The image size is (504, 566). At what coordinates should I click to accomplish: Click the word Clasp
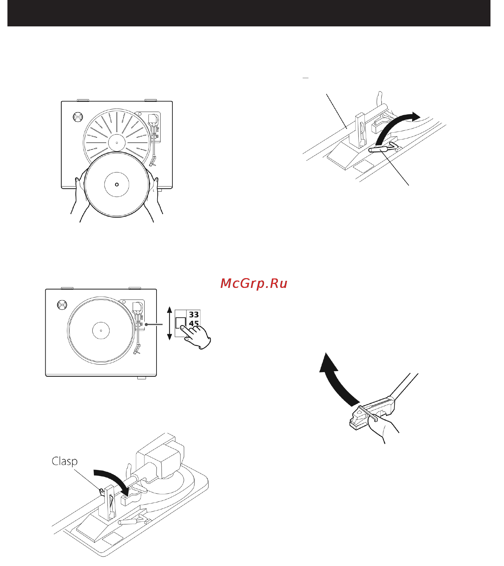pyautogui.click(x=65, y=461)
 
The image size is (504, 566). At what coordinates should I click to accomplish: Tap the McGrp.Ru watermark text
pyautogui.click(x=254, y=284)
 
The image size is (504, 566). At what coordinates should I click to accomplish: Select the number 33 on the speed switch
pyautogui.click(x=194, y=315)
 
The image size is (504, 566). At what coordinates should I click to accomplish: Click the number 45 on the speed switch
pyautogui.click(x=194, y=323)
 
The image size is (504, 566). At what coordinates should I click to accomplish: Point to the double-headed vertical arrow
pyautogui.click(x=170, y=323)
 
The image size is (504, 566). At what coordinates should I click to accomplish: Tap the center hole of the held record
pyautogui.click(x=117, y=184)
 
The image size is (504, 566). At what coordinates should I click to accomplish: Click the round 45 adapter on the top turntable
pyautogui.click(x=78, y=117)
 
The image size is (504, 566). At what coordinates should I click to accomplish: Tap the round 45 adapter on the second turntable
pyautogui.click(x=62, y=305)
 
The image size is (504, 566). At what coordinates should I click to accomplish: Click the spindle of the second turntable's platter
pyautogui.click(x=101, y=330)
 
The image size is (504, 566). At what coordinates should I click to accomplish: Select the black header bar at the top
pyautogui.click(x=249, y=13)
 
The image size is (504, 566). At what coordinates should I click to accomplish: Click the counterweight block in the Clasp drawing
pyautogui.click(x=162, y=455)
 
